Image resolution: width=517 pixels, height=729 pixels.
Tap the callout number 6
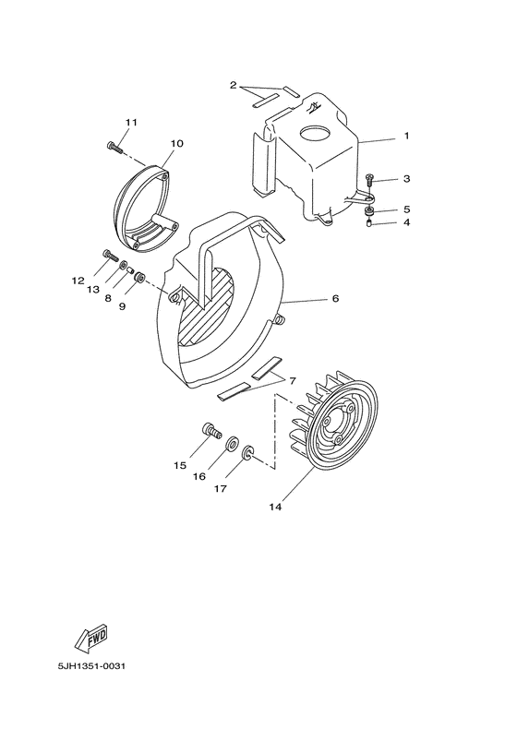pyautogui.click(x=336, y=299)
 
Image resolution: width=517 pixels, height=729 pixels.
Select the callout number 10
pyautogui.click(x=176, y=143)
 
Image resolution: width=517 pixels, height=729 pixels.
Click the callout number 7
pyautogui.click(x=292, y=380)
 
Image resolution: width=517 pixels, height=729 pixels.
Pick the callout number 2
pyautogui.click(x=234, y=86)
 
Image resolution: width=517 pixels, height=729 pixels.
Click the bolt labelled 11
pyautogui.click(x=113, y=145)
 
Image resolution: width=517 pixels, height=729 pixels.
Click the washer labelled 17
pyautogui.click(x=248, y=454)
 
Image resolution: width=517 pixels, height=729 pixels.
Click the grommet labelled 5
pyautogui.click(x=369, y=211)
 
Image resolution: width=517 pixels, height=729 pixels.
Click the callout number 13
pyautogui.click(x=92, y=290)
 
